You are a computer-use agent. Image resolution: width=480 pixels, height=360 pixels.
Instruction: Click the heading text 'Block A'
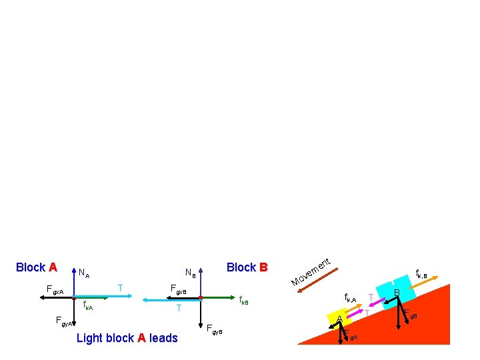click(x=36, y=267)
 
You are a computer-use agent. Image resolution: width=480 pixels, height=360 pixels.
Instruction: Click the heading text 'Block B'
click(x=247, y=267)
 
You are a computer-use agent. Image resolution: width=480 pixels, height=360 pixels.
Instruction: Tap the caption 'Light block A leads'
click(x=127, y=338)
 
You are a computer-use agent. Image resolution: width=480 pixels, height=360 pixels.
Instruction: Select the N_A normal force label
click(x=84, y=273)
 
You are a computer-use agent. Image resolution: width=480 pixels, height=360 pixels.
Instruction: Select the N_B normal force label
click(x=190, y=273)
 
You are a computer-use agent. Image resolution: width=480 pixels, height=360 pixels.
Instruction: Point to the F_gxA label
click(x=55, y=290)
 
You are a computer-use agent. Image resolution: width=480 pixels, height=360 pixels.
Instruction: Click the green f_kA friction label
click(x=88, y=307)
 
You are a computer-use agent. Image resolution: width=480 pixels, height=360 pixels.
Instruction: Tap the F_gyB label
click(x=214, y=329)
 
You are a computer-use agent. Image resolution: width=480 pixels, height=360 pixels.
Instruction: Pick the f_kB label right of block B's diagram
click(x=243, y=301)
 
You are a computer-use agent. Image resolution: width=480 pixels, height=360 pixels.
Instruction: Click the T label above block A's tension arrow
click(x=120, y=288)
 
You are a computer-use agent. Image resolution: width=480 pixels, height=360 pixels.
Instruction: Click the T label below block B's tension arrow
click(x=179, y=309)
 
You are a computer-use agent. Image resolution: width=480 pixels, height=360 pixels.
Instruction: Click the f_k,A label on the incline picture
click(x=350, y=298)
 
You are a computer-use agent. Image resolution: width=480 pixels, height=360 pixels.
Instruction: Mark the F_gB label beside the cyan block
click(x=409, y=313)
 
